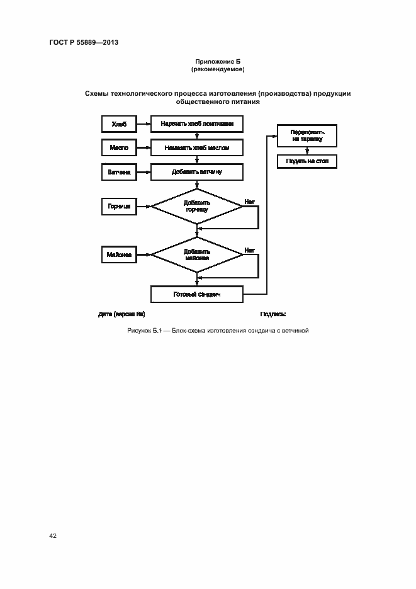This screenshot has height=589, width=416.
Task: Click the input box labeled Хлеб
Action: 119,124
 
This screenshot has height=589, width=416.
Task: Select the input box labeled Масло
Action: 119,147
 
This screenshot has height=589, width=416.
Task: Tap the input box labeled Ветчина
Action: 119,171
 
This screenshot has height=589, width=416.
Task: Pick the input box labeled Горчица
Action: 119,206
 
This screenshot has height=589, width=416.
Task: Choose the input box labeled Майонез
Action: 119,254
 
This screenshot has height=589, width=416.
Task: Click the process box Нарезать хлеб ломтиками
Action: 197,124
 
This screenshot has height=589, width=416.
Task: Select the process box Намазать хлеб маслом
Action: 197,147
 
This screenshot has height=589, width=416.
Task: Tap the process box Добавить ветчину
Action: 197,171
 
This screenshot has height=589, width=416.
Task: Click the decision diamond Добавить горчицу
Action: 197,206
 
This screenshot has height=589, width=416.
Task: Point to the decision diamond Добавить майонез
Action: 197,254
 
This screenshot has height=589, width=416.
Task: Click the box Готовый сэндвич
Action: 197,294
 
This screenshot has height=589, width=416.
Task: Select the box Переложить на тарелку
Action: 307,135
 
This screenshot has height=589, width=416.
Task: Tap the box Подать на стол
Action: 307,162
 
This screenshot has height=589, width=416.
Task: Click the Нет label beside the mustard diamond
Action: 249,202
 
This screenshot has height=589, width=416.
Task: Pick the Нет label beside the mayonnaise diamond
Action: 249,250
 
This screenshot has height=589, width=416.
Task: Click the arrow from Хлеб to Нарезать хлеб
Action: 143,124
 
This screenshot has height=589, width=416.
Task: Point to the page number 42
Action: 53,535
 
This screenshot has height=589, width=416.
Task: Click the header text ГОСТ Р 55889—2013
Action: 84,43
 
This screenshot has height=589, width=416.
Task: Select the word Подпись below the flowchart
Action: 273,314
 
